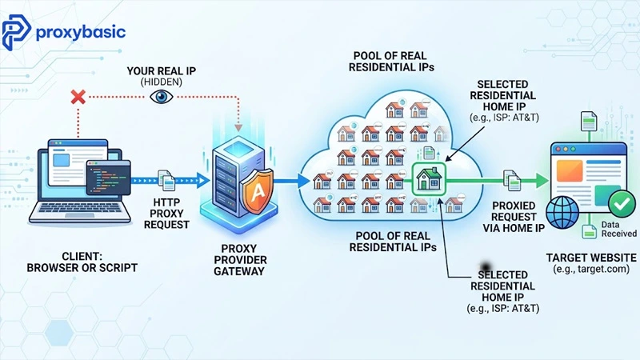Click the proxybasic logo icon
point(15,32)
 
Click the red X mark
point(78,97)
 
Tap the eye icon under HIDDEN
point(162,97)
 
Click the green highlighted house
point(429,178)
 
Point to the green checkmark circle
point(622,203)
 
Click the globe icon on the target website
point(562,212)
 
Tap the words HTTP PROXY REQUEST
point(166,214)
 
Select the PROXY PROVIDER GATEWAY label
point(240,260)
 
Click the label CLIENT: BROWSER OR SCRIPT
point(82,262)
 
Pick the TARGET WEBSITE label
point(591,258)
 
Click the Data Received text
point(618,229)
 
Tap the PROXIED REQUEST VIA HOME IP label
point(514,217)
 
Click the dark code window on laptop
point(109,177)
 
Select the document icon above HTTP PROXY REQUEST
point(166,181)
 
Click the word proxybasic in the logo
point(81,32)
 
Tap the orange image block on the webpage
point(569,170)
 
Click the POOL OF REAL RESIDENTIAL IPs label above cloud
point(391,62)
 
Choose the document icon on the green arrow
point(512,181)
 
